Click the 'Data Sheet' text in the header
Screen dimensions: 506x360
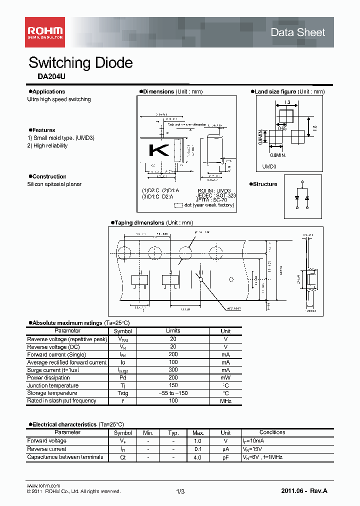click(x=297, y=32)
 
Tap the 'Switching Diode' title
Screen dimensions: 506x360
click(x=80, y=63)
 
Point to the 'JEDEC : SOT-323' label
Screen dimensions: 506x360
click(x=216, y=195)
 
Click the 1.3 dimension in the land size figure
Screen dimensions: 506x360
click(x=287, y=102)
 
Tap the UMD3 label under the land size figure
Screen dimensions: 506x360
click(x=269, y=165)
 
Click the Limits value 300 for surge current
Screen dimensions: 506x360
click(x=173, y=370)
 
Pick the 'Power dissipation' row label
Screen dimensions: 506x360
click(x=48, y=378)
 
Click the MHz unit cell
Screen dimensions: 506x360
click(x=225, y=401)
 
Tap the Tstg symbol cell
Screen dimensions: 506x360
click(x=122, y=393)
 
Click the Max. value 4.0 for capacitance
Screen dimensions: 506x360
click(x=197, y=457)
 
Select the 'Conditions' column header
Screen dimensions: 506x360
click(x=272, y=432)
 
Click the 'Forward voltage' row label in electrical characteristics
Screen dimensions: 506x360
click(x=46, y=441)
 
